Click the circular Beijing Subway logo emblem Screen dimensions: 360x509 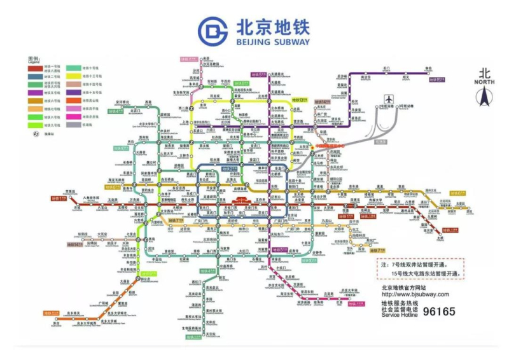[x=213, y=31]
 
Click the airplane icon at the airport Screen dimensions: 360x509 [x=389, y=100]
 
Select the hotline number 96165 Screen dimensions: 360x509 [x=439, y=312]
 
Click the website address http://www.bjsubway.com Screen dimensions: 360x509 [x=415, y=294]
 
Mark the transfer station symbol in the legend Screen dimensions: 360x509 [x=36, y=134]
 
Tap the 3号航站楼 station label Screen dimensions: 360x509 [x=402, y=106]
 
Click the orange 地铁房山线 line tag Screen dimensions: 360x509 [x=52, y=313]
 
